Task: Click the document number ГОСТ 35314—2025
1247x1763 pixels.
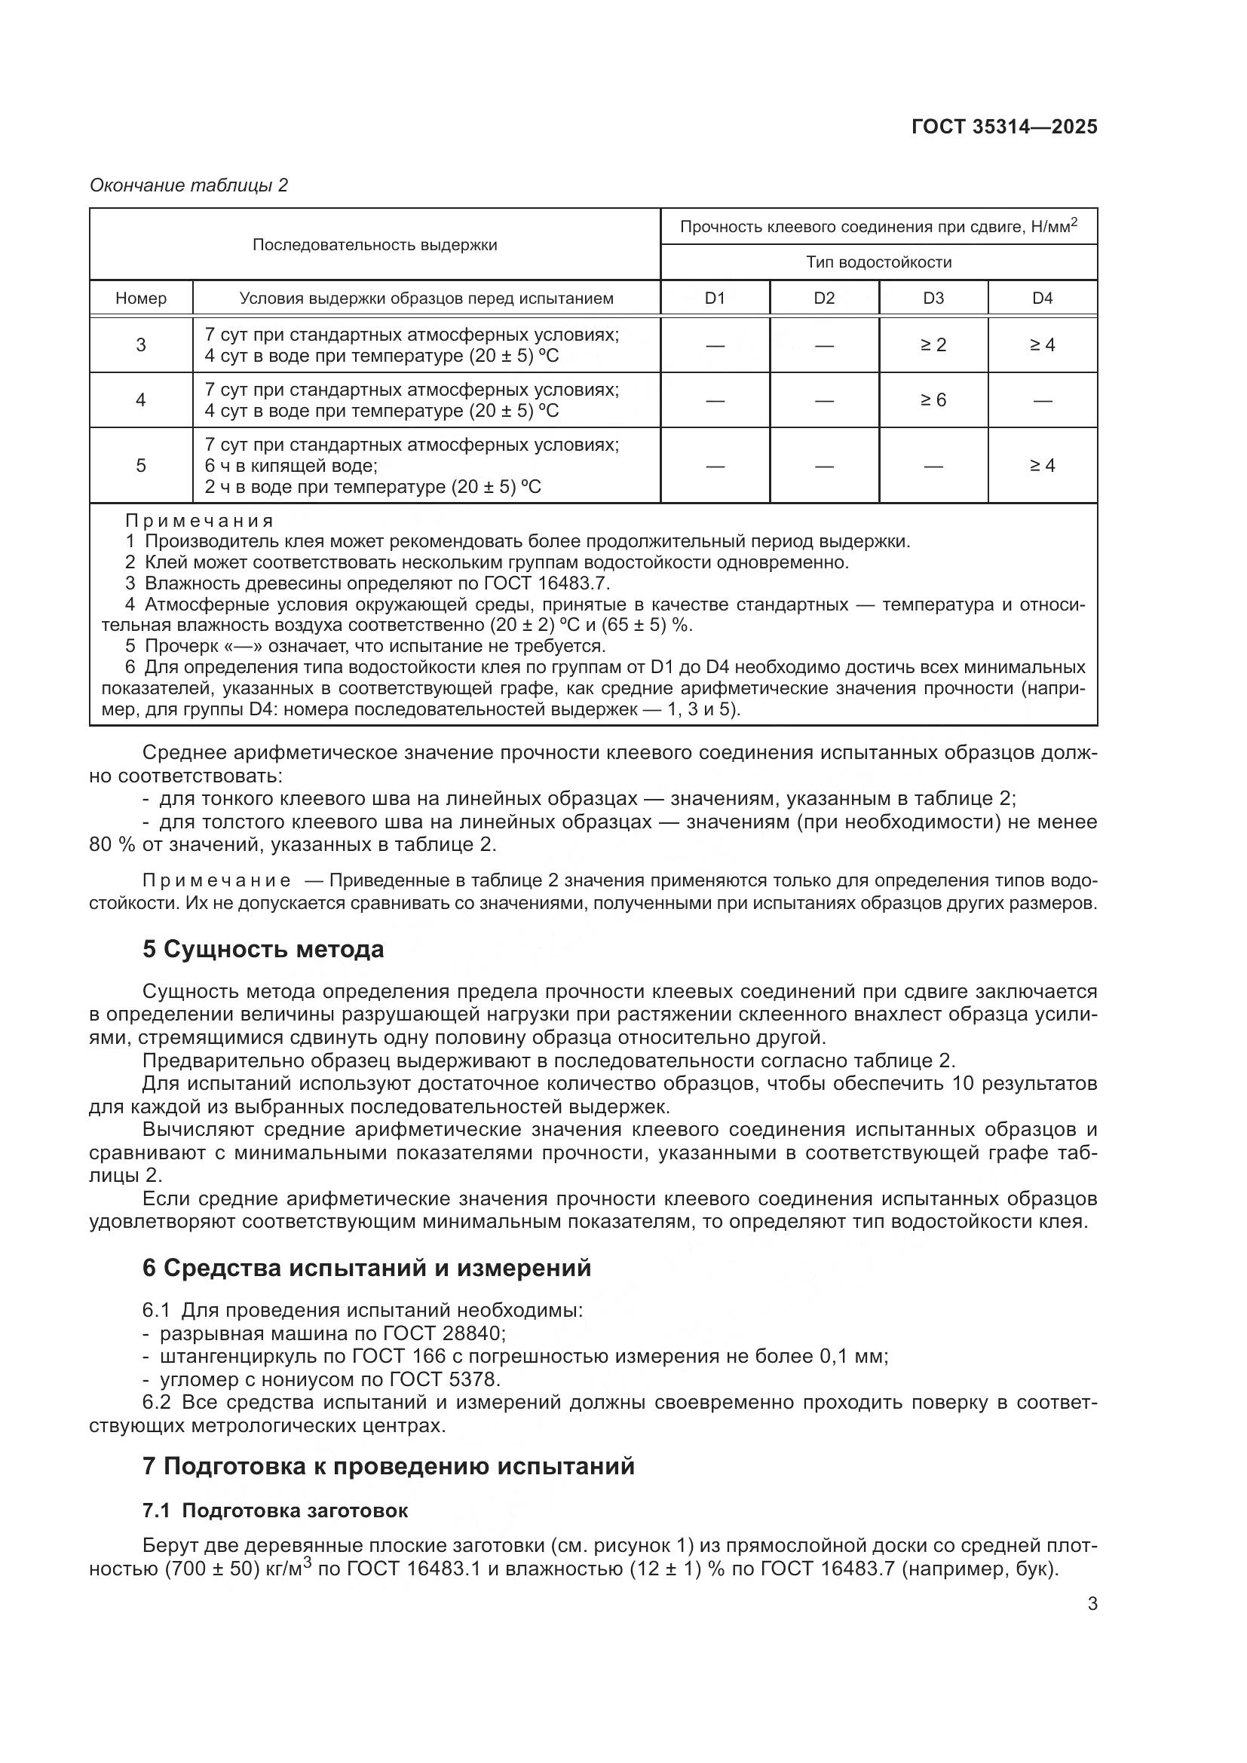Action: (1004, 127)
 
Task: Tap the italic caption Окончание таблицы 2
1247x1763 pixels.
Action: (189, 185)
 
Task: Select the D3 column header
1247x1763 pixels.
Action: (933, 298)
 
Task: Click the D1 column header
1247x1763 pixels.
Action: (715, 298)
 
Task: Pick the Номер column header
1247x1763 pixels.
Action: (141, 298)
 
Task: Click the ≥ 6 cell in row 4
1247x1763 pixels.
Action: (933, 399)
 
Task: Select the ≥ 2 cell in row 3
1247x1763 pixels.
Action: (933, 344)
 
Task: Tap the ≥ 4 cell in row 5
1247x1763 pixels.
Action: (1042, 465)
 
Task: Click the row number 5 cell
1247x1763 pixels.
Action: (141, 465)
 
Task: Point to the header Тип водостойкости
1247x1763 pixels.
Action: (878, 262)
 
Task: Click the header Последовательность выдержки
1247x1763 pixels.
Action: (375, 245)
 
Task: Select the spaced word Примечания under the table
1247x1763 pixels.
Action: (200, 522)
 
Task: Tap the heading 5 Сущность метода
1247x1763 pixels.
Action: (263, 950)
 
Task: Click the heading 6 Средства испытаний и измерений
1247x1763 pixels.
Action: (367, 1268)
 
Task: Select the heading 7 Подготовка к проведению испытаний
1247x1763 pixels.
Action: (388, 1466)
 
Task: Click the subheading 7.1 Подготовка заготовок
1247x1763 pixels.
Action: (275, 1511)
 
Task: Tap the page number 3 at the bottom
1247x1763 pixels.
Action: (1092, 1604)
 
